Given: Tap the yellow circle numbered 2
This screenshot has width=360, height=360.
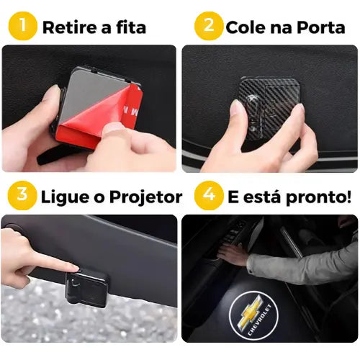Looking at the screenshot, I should click(208, 27).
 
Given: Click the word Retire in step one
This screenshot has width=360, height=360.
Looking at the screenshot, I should click(71, 28).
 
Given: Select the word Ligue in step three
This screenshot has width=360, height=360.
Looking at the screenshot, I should click(67, 197).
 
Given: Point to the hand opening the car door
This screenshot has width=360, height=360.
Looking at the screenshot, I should click(234, 253).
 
